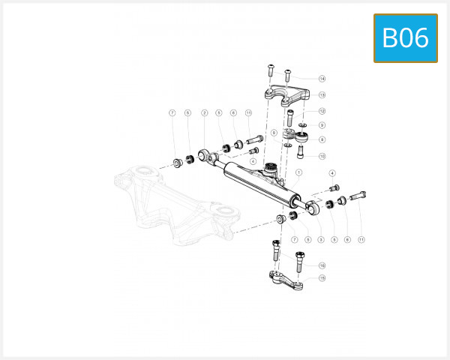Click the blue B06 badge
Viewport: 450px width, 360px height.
[x=405, y=37]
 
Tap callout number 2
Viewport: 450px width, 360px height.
[x=204, y=113]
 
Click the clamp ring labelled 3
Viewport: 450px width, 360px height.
[x=313, y=205]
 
